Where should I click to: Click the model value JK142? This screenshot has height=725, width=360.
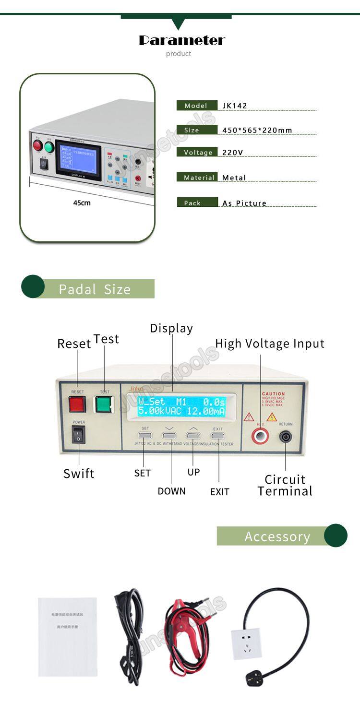click(x=235, y=106)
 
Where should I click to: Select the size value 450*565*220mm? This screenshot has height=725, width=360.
click(x=257, y=130)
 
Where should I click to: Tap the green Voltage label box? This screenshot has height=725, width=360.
click(x=198, y=152)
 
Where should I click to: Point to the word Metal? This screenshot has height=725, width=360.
click(x=234, y=178)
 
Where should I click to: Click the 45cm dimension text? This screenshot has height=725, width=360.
click(x=82, y=203)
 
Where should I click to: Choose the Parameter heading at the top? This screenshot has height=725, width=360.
click(x=182, y=41)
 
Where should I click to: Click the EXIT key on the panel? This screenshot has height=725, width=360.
click(x=218, y=436)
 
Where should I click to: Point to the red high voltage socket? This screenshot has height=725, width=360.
click(x=261, y=436)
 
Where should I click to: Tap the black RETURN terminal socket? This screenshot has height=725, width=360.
click(x=285, y=436)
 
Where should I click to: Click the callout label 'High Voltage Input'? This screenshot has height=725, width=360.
click(x=270, y=344)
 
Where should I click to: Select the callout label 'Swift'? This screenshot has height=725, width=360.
click(x=79, y=474)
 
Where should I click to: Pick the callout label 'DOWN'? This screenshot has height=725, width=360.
click(x=171, y=491)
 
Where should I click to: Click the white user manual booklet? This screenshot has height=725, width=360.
click(x=68, y=637)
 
